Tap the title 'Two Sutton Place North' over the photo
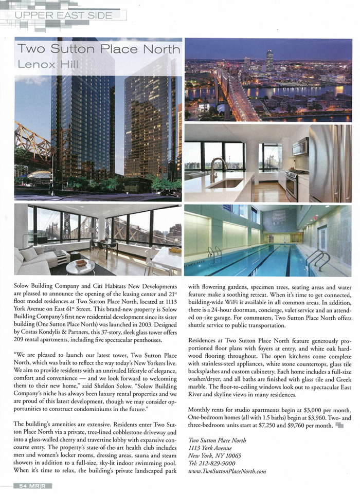(x=99, y=49)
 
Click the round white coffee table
(x=80, y=266)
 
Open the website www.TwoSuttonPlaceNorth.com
(x=227, y=471)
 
